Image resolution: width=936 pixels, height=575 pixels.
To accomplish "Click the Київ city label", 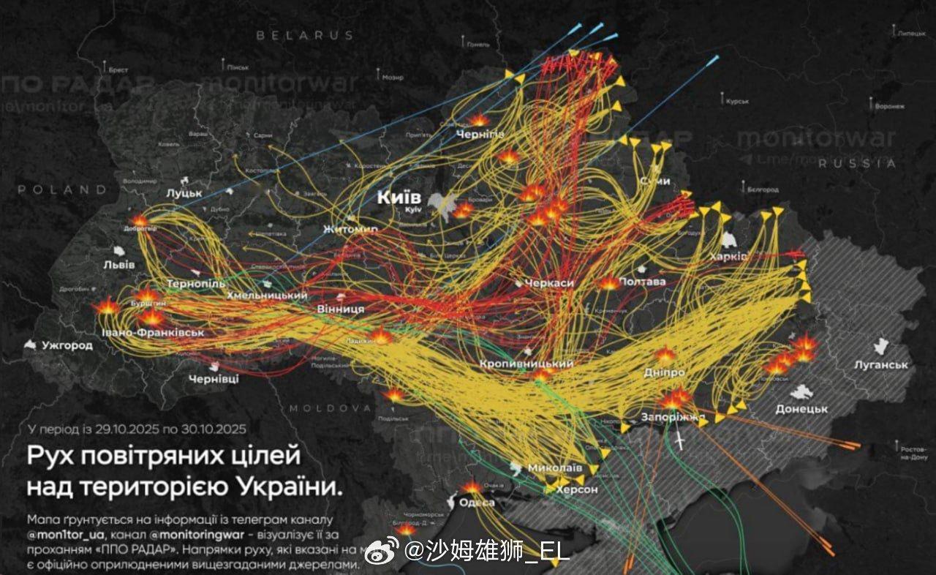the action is (399, 198).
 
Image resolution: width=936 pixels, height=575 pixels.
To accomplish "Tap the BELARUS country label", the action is (304, 35).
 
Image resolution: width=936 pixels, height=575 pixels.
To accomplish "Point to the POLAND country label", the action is (62, 189).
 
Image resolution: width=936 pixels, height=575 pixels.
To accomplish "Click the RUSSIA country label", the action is (858, 164).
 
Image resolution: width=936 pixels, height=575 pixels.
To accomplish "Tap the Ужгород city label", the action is (67, 345).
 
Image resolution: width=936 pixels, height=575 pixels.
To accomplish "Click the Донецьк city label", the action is (801, 409).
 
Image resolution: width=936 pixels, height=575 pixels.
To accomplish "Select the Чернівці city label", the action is (214, 379).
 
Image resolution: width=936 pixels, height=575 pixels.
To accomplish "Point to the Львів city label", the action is (118, 264).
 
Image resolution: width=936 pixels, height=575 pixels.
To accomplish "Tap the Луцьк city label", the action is (184, 193).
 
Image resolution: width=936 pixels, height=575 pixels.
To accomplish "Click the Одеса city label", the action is (476, 503).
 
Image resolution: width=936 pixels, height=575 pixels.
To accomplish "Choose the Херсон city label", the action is (577, 489).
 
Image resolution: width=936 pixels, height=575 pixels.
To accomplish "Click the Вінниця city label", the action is (341, 309).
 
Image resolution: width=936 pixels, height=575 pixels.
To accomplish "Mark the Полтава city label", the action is (642, 282).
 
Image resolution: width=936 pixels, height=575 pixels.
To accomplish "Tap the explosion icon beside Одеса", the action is (472, 486).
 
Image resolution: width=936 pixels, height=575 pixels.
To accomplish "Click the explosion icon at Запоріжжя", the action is (673, 399).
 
